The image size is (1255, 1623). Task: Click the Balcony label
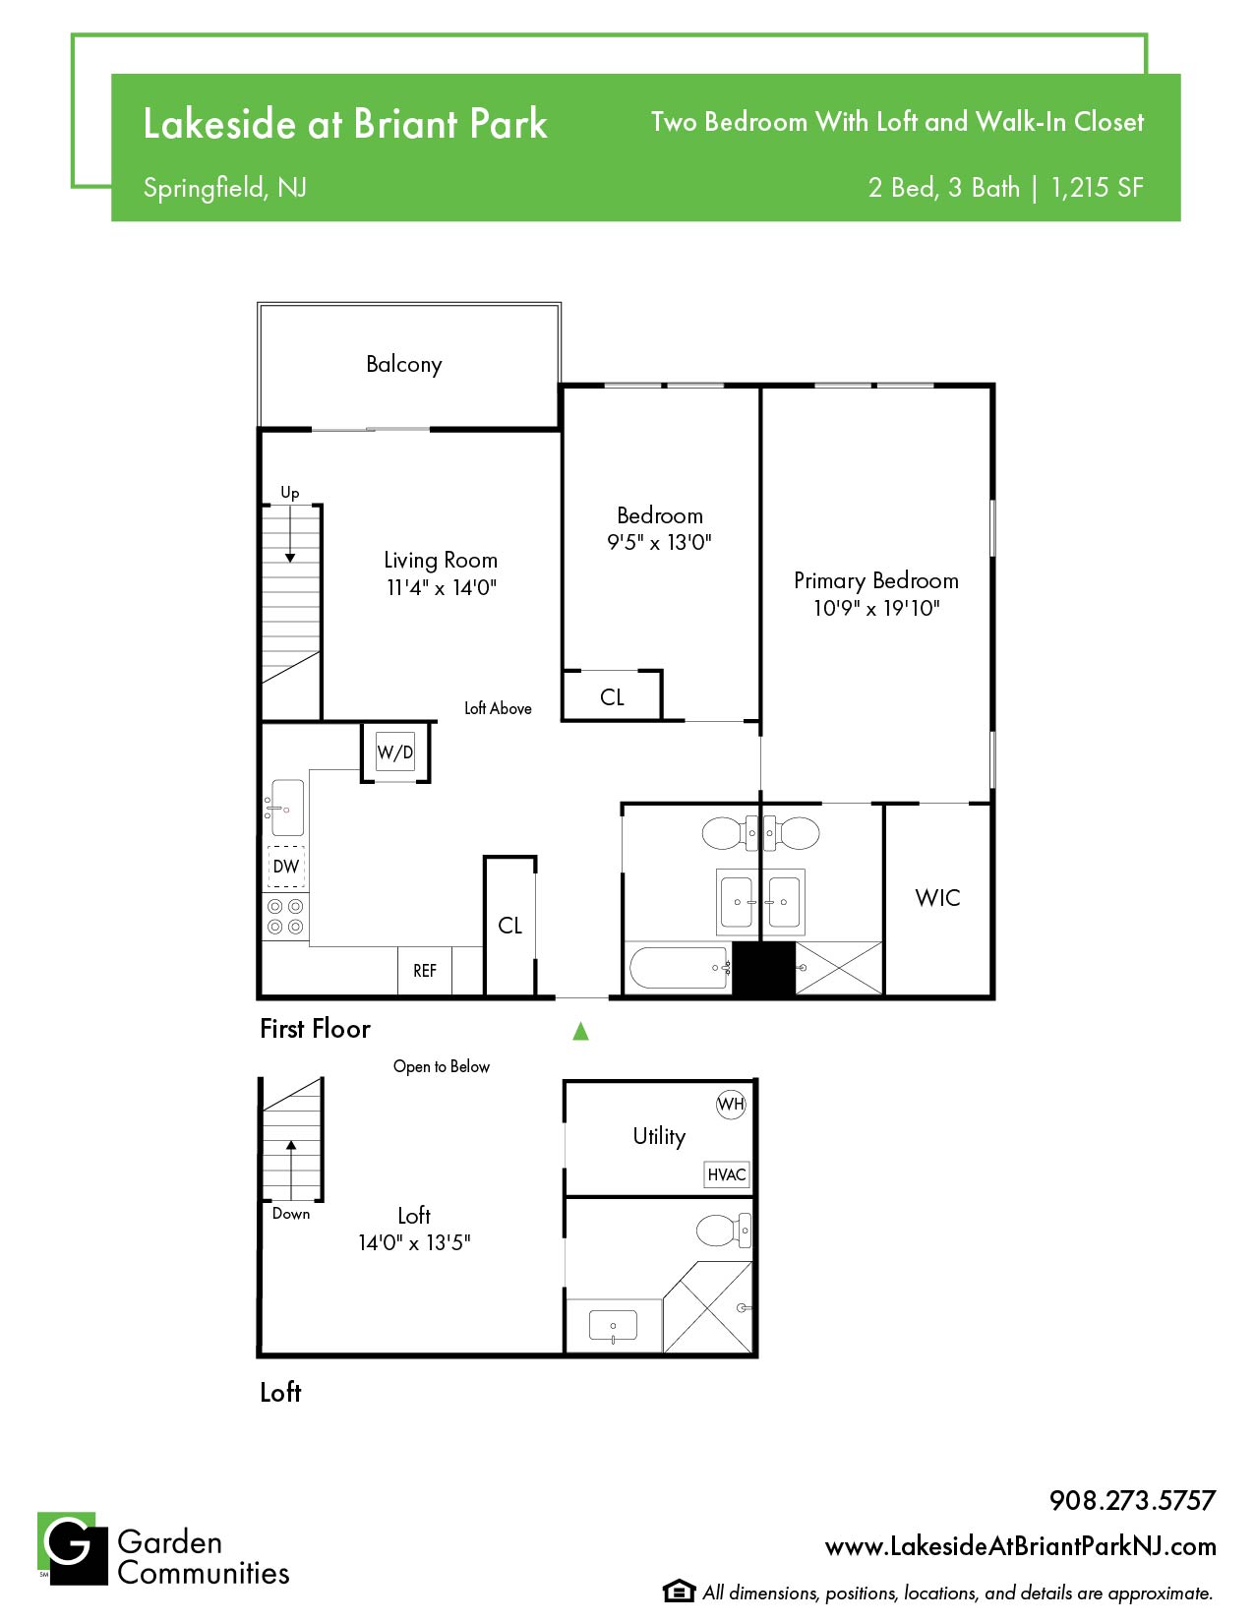(x=403, y=365)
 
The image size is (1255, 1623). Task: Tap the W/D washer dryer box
(x=395, y=751)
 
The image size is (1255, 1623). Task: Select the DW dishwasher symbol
(x=286, y=867)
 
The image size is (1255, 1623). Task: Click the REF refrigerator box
(x=424, y=970)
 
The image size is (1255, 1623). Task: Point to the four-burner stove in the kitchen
(x=285, y=917)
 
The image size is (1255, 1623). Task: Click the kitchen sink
(x=286, y=808)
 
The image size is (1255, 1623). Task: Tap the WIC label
(x=937, y=898)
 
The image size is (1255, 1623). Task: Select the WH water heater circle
(x=730, y=1104)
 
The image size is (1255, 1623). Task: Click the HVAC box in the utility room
(x=727, y=1174)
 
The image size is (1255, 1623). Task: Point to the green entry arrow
(x=580, y=1031)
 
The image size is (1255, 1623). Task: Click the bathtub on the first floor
(x=678, y=967)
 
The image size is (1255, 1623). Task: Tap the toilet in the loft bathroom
(x=723, y=1231)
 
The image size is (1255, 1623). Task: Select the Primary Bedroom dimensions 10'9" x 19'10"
(x=875, y=608)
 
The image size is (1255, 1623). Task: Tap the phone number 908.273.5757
(x=1132, y=1500)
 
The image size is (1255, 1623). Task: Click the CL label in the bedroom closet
(x=612, y=696)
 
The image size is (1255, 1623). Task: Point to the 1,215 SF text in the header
(x=1097, y=188)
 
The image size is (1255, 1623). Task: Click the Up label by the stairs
(x=290, y=492)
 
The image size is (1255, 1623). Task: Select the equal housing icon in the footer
(x=678, y=1591)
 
